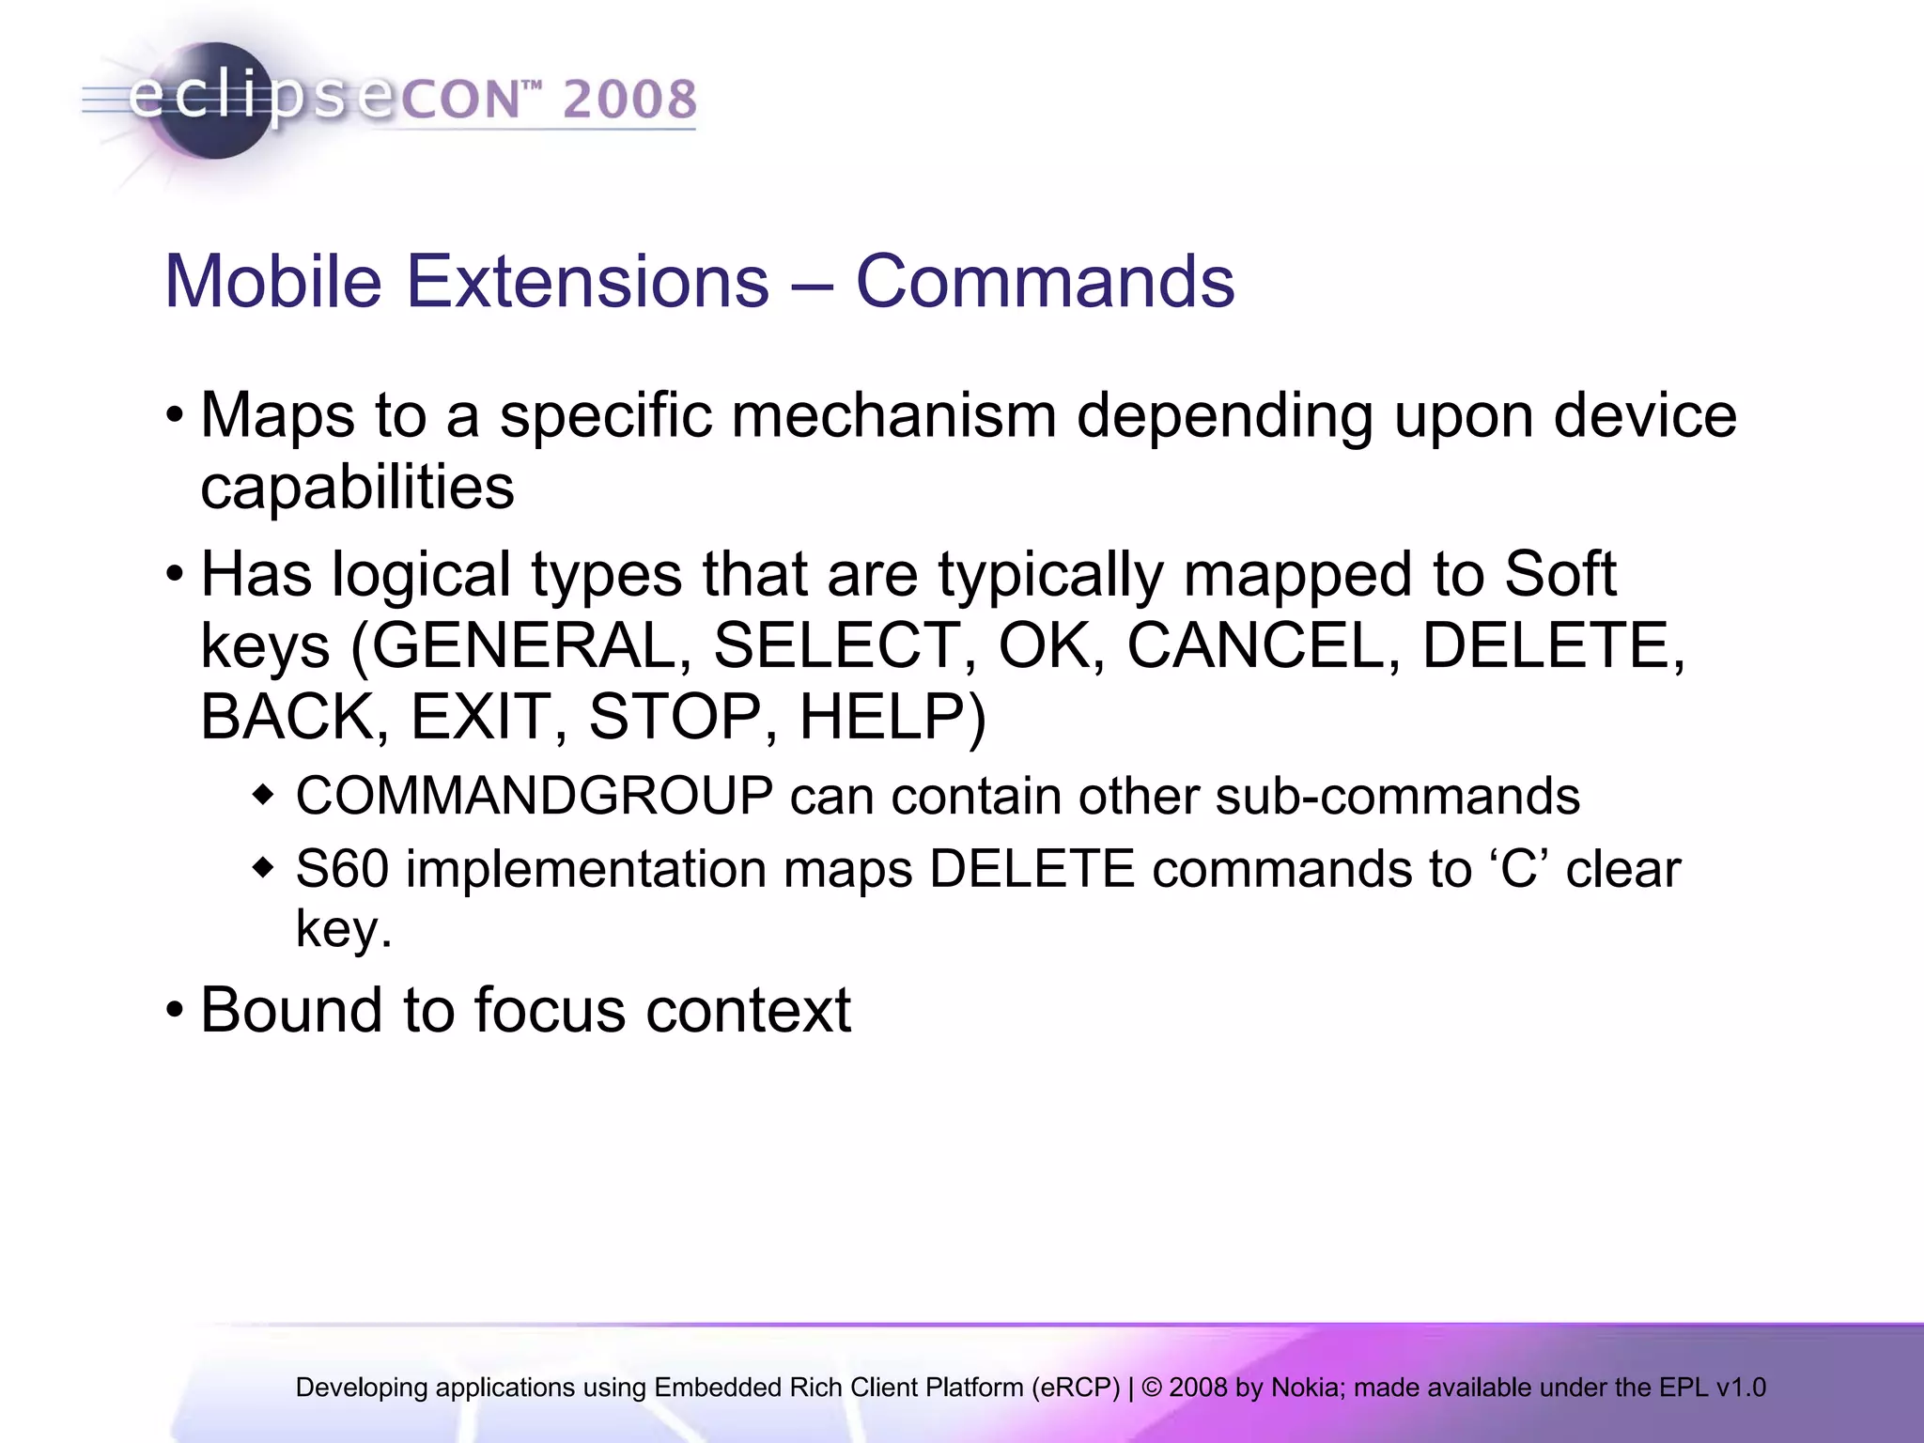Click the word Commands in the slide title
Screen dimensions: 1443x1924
click(1045, 282)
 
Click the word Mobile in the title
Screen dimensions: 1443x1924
click(273, 282)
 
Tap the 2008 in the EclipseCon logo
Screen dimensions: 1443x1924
click(629, 101)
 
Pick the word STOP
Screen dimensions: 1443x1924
click(675, 718)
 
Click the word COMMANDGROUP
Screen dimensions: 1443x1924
click(535, 797)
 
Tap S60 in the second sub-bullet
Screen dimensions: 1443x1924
click(342, 869)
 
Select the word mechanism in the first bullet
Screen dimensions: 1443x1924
click(893, 415)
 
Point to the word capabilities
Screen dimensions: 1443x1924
click(358, 488)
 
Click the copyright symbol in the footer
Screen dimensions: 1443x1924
click(1152, 1388)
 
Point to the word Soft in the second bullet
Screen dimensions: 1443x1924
click(1559, 575)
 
